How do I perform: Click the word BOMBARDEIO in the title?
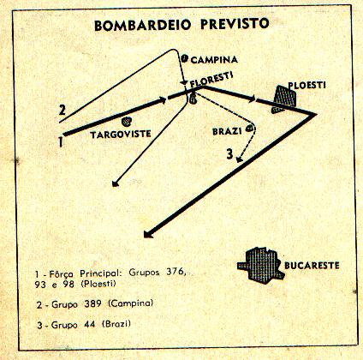pos(142,25)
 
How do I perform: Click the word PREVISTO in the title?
pos(235,23)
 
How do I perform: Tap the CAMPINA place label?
pos(214,60)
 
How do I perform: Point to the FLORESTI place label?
pos(211,80)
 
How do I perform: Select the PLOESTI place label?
pos(306,85)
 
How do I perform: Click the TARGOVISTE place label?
pos(121,134)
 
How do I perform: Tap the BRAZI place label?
pos(227,131)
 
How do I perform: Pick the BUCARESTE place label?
pos(312,266)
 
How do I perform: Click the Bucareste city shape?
pos(261,266)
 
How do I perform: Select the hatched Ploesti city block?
pos(284,99)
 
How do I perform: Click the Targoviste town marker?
pos(126,122)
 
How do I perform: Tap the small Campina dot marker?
pos(185,58)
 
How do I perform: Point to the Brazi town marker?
pos(250,129)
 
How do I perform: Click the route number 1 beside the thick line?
pos(61,141)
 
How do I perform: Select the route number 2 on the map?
pos(62,110)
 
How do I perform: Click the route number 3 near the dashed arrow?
pos(230,154)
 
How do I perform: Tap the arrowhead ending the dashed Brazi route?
pos(240,159)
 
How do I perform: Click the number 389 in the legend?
pos(92,303)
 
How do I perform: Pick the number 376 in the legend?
pos(176,273)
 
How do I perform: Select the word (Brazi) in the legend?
pos(116,324)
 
